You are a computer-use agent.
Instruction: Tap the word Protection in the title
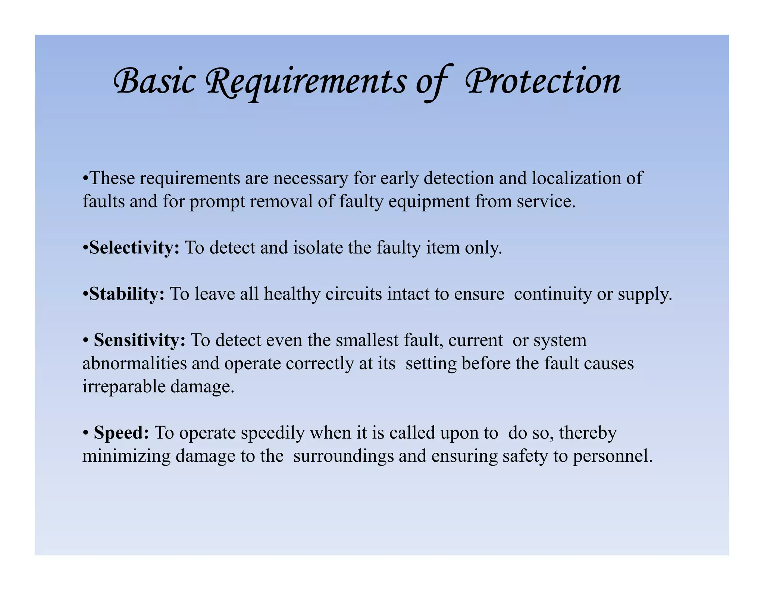[543, 81]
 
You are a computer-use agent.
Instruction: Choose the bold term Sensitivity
[140, 340]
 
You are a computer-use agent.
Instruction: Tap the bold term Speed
[121, 433]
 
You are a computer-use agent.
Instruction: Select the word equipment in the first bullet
[429, 202]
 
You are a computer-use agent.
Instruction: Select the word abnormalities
[134, 364]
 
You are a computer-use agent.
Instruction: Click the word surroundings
[343, 456]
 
